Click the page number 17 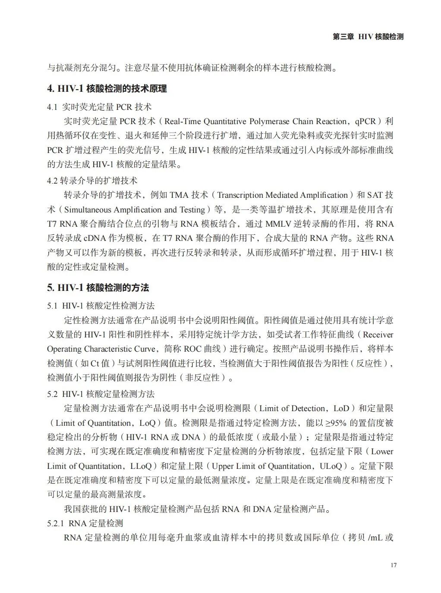click(x=393, y=565)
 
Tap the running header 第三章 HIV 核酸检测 click(x=368, y=37)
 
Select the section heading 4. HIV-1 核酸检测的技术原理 click(x=107, y=89)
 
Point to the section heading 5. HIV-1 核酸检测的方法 click(x=98, y=288)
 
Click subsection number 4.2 click(x=52, y=181)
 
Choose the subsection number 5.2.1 click(x=56, y=523)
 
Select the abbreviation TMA click(x=179, y=195)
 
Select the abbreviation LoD click(x=341, y=408)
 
